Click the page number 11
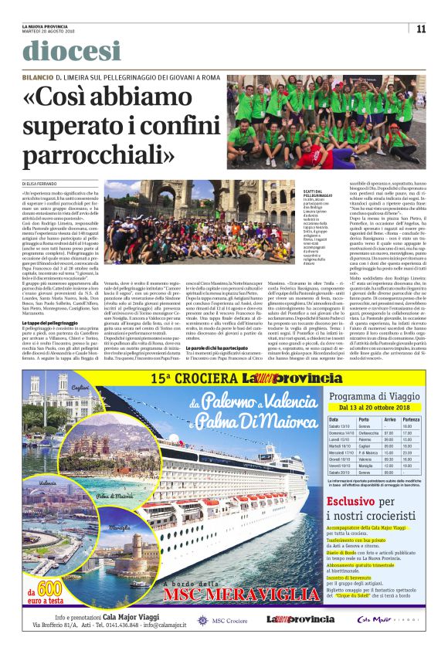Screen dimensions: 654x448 [x=422, y=29]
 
